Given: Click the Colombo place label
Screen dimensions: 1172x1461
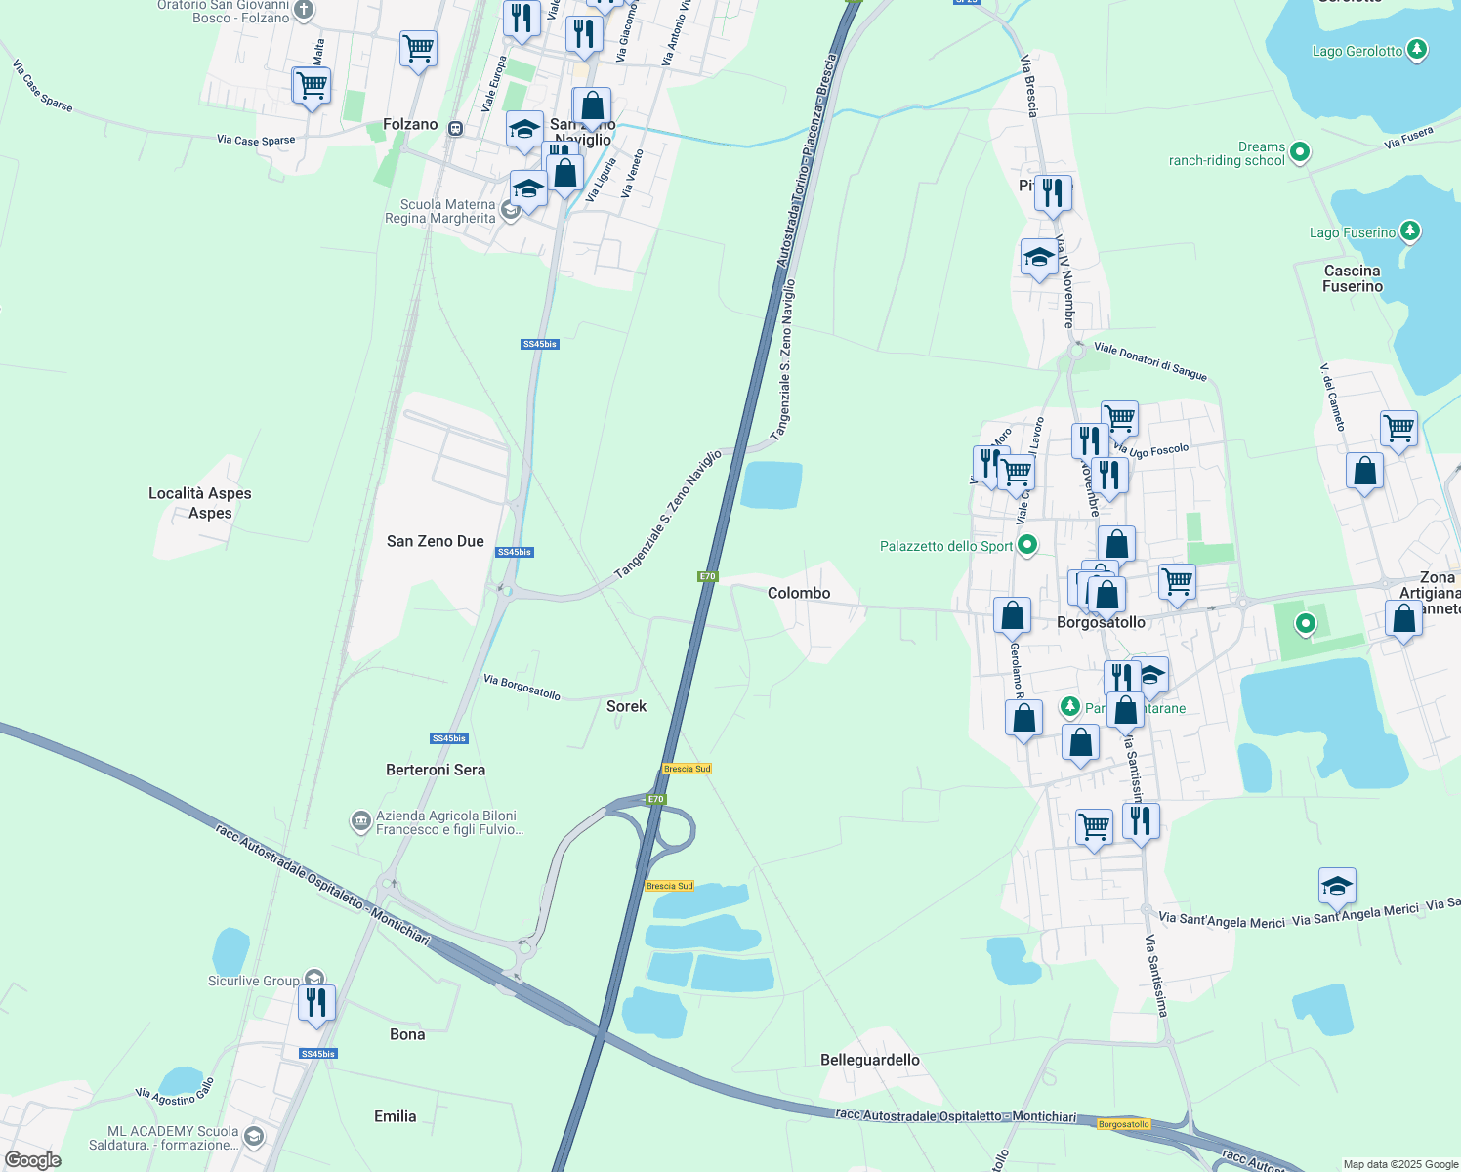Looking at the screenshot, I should coord(799,593).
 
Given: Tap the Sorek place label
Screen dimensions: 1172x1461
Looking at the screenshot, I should coord(626,706).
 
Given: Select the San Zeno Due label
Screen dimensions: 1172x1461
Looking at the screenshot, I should coord(436,541).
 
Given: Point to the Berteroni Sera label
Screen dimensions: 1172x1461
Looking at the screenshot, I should coord(436,770).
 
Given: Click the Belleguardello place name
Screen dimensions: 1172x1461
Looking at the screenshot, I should coord(870,1060).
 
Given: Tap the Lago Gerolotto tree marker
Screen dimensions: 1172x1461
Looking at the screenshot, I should coord(1417,50).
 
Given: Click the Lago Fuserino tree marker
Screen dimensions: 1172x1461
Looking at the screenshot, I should coord(1409,231).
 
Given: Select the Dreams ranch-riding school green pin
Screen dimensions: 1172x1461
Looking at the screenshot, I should coord(1299,152).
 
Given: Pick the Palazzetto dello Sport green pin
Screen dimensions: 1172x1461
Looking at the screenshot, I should coord(1026,545).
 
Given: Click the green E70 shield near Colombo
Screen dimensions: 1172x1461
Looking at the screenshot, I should coord(708,576).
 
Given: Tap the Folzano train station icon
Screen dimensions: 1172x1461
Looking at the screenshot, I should coord(455,128).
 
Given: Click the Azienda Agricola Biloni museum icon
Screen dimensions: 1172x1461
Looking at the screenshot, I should coord(360,821).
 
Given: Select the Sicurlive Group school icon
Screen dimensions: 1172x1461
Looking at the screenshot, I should coord(314,979).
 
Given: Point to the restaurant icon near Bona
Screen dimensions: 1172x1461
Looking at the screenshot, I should coord(316,1003).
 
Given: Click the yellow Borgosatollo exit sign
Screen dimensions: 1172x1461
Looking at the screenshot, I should coord(1124,1124).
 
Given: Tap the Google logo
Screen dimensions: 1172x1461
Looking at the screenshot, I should coord(33,1160).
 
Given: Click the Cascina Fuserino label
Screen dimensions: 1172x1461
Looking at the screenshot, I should coord(1353,278).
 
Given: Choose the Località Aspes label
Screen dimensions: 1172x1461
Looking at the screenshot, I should coord(200,493).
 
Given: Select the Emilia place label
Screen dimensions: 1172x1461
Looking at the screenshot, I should coord(396,1116).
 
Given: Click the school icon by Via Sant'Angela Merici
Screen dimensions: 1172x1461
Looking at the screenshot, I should coord(1337,886).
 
